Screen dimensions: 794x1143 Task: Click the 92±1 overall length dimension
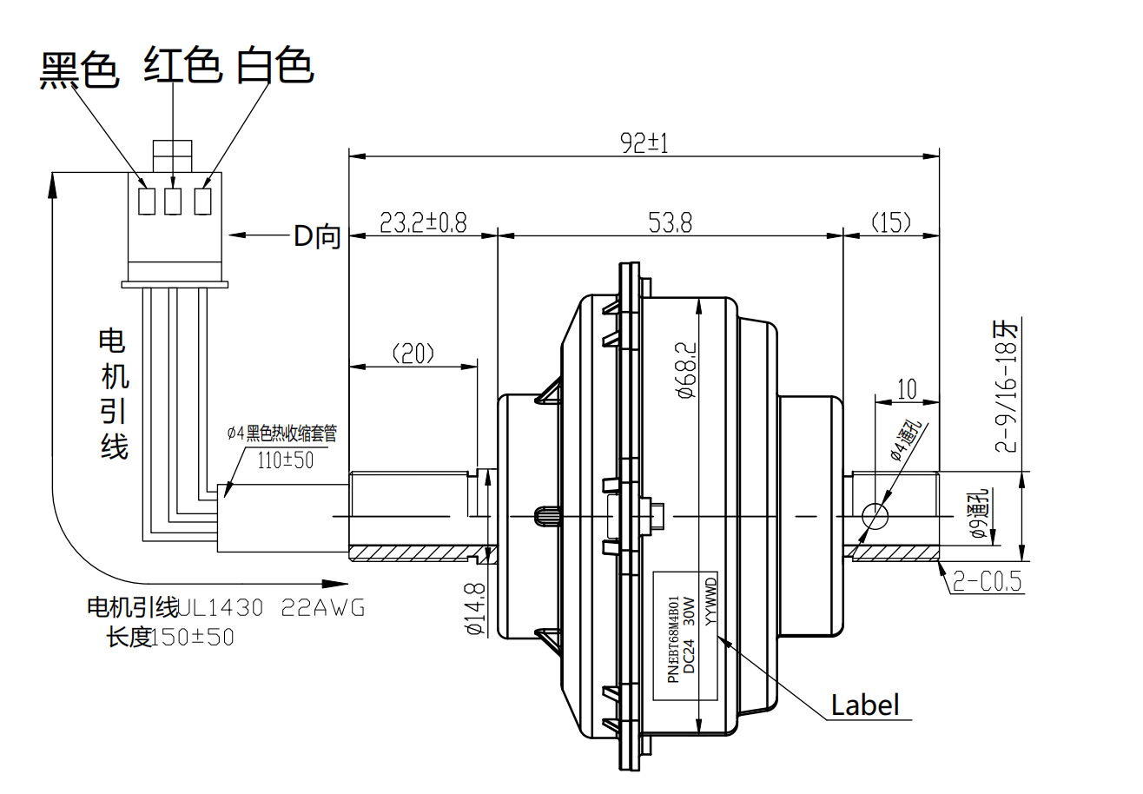[x=644, y=142]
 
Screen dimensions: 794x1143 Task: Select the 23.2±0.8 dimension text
[x=423, y=222]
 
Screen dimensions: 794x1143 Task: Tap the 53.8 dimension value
[x=670, y=222]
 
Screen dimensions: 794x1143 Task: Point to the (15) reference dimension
[x=891, y=222]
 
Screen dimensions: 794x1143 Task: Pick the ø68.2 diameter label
[x=684, y=368]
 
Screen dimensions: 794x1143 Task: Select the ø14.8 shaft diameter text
[x=474, y=609]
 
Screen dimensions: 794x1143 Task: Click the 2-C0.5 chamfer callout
[x=988, y=580]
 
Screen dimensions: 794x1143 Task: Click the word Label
[x=865, y=705]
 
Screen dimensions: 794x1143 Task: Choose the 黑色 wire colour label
[x=79, y=69]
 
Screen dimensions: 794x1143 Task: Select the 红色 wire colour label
[x=182, y=65]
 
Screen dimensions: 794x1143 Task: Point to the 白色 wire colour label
[x=274, y=65]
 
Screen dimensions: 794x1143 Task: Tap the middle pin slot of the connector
[x=174, y=202]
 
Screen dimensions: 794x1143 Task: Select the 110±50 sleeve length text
[x=286, y=460]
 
